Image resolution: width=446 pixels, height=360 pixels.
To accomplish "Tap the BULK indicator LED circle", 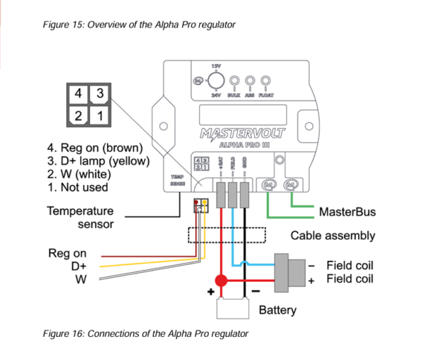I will tap(234, 80).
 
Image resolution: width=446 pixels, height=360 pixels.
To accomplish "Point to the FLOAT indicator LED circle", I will tap(265, 80).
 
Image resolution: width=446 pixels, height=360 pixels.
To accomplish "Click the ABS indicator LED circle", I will tap(250, 80).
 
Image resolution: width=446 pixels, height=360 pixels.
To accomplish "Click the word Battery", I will tap(277, 309).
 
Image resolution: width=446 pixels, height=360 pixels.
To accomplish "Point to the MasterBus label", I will tap(347, 212).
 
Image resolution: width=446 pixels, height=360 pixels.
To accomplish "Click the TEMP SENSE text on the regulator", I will tap(177, 179).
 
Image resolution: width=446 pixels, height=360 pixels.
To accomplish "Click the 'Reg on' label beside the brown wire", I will tap(68, 254).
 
